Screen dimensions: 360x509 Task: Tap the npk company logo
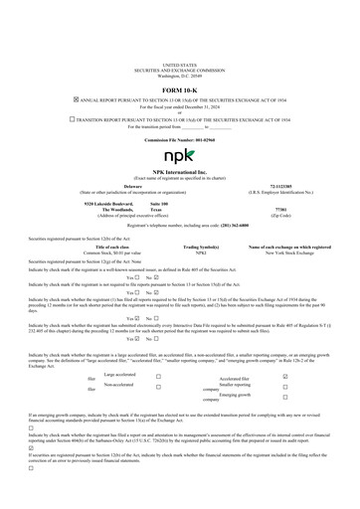[x=179, y=156]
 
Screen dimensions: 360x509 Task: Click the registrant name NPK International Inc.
[x=179, y=172]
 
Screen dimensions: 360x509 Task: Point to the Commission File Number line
[x=179, y=140]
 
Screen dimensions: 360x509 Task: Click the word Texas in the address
[x=157, y=211]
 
